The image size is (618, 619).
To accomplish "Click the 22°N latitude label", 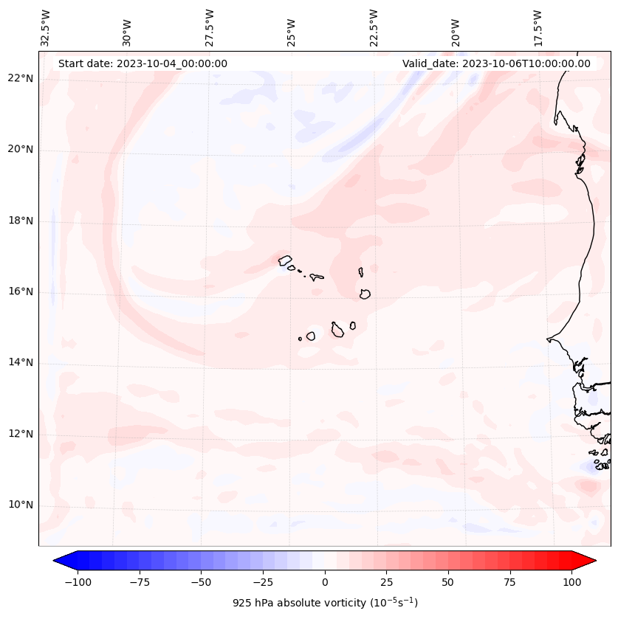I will tap(20, 79).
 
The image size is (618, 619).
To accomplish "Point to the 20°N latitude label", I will tap(20, 150).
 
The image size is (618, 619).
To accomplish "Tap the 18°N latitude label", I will tap(20, 221).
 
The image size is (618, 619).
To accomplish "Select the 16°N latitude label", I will tap(20, 291).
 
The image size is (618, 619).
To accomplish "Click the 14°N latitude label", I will tap(20, 362).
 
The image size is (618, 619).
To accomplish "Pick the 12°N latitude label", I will tap(20, 433).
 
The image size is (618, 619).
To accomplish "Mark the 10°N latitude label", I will tap(20, 505).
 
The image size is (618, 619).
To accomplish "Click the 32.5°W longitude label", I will tap(46, 28).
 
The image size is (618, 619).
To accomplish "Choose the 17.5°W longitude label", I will tap(538, 28).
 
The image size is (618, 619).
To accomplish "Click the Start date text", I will tap(143, 63).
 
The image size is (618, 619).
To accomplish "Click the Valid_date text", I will tap(496, 63).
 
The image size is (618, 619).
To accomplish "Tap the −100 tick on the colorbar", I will tap(78, 582).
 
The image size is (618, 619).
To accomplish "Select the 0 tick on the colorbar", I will tap(325, 582).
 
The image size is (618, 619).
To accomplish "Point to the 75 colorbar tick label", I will tap(509, 582).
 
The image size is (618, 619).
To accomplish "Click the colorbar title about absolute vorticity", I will tap(325, 603).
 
